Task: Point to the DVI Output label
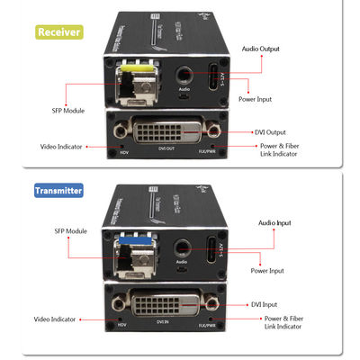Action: pos(275,132)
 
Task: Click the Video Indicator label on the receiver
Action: pos(60,147)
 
